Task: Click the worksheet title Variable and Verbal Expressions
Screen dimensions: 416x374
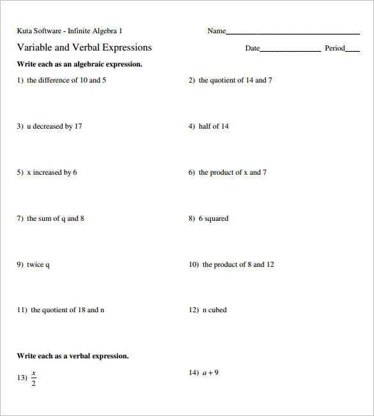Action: click(x=84, y=47)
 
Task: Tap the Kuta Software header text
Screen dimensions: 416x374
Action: click(x=69, y=31)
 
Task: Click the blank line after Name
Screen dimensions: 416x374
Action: click(x=293, y=33)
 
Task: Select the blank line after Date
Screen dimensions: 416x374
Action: click(x=290, y=50)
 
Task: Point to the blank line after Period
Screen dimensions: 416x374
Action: click(x=352, y=50)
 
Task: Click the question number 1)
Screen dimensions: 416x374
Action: click(x=20, y=81)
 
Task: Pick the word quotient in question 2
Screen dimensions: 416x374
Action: click(x=227, y=81)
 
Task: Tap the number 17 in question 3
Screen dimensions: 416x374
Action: click(x=78, y=127)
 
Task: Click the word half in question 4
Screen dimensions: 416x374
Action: click(x=205, y=127)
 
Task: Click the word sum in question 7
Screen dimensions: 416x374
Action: click(x=44, y=219)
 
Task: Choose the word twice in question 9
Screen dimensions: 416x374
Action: click(x=35, y=265)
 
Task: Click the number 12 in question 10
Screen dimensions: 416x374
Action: click(x=270, y=265)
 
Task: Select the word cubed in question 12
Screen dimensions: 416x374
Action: click(x=217, y=310)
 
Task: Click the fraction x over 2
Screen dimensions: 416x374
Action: click(x=34, y=378)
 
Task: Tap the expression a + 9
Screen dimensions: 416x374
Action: click(x=210, y=373)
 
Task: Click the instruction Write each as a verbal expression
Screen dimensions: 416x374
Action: click(x=72, y=356)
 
